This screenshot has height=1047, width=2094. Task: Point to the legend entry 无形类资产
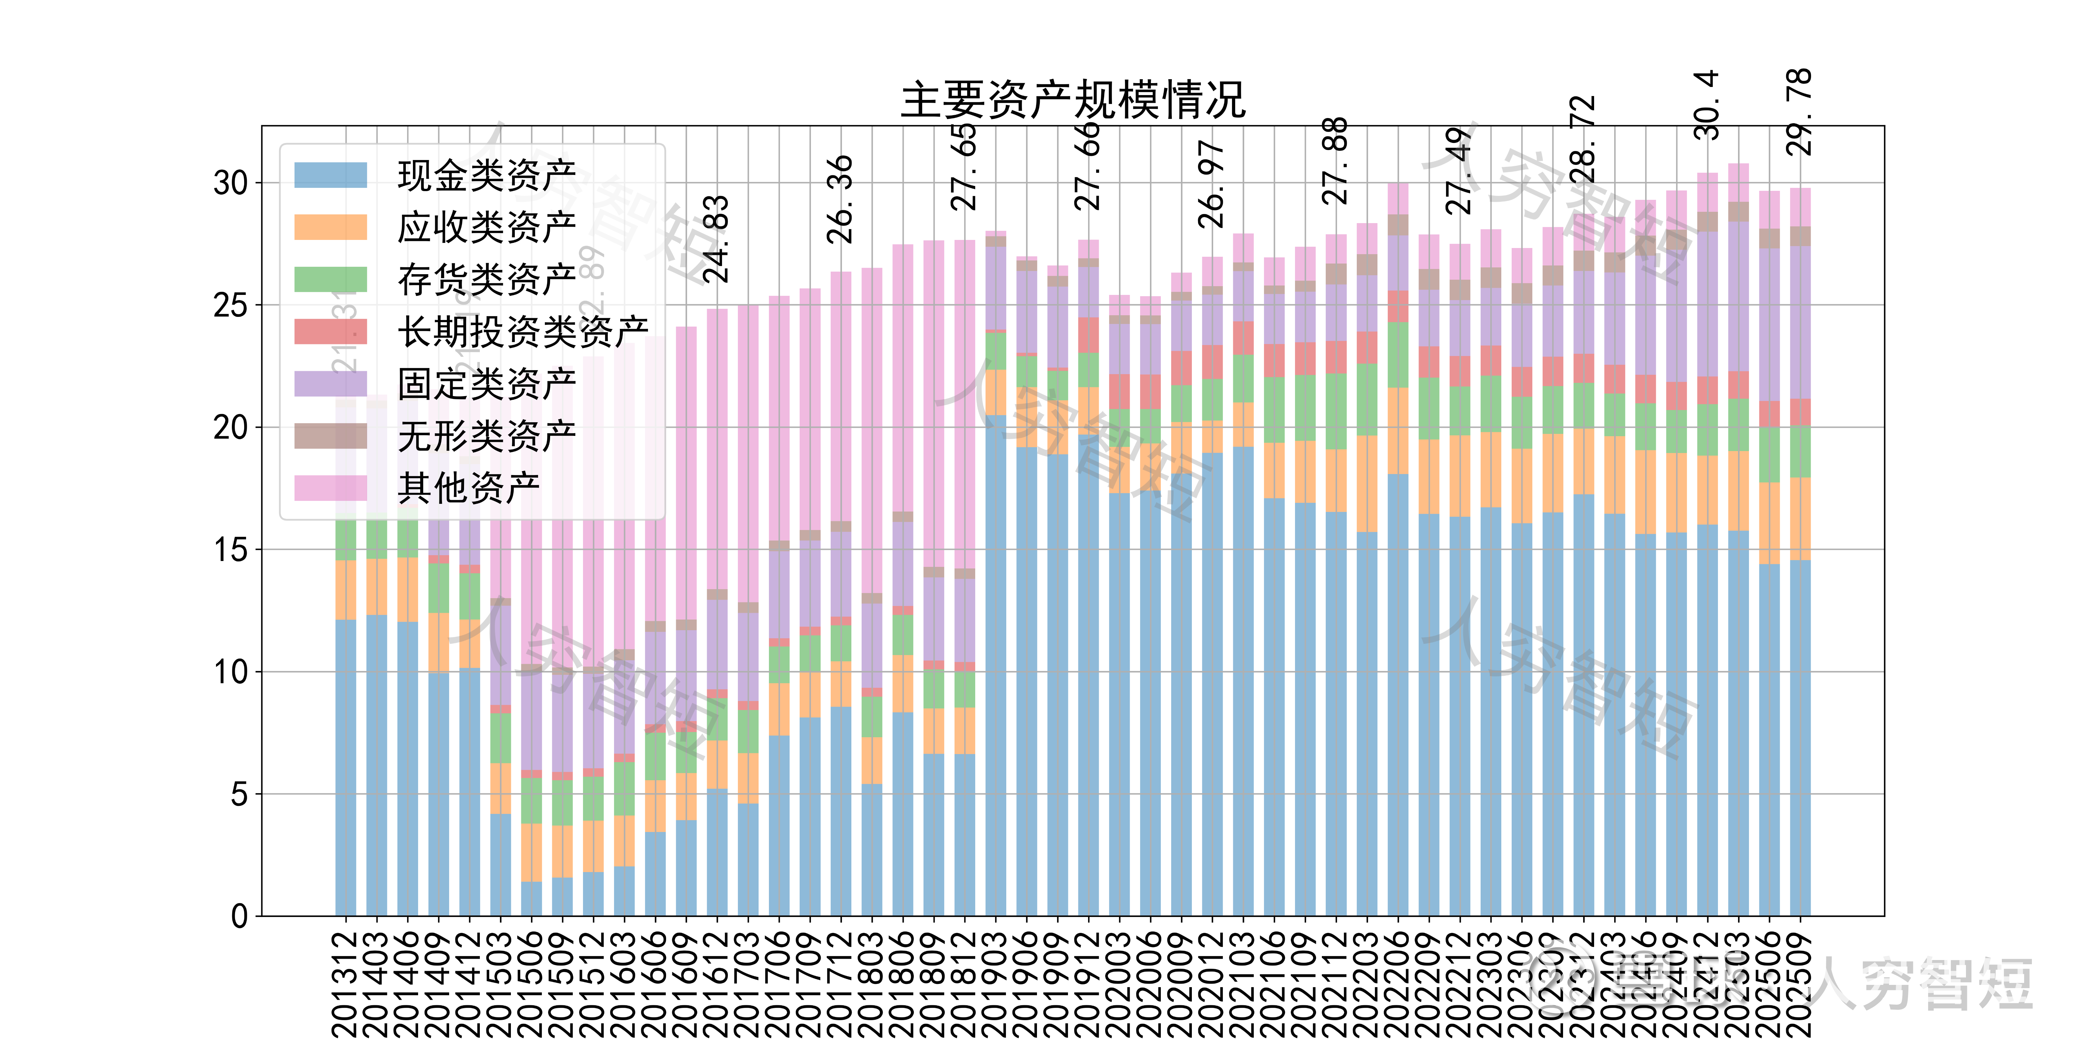point(486,436)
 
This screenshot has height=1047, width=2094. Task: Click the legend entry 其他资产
point(468,488)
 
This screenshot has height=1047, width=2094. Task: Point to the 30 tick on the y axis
point(230,183)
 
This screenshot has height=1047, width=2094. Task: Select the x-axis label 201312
point(345,984)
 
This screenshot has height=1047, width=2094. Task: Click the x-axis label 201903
point(996,984)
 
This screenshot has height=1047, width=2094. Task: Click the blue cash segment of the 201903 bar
point(996,666)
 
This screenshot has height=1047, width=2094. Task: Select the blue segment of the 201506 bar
point(532,898)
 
